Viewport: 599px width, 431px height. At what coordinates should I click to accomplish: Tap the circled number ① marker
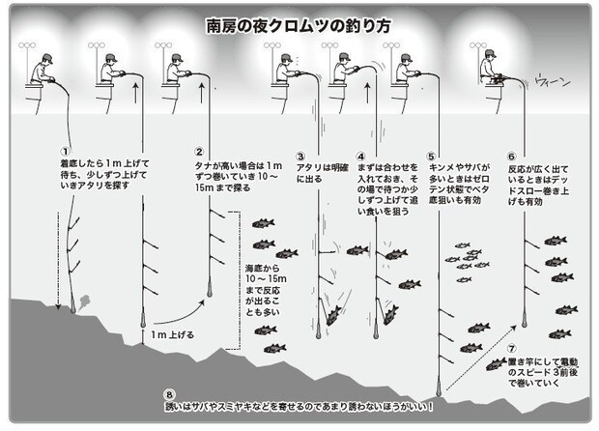pyautogui.click(x=65, y=152)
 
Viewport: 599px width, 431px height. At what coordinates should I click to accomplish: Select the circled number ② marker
pyautogui.click(x=199, y=152)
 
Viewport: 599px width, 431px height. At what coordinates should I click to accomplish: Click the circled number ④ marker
pyautogui.click(x=361, y=155)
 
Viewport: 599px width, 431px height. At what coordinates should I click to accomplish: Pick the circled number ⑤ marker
pyautogui.click(x=431, y=155)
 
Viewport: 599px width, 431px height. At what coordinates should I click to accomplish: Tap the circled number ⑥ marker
pyautogui.click(x=512, y=155)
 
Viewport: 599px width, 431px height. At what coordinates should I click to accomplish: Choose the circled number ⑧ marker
pyautogui.click(x=170, y=394)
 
